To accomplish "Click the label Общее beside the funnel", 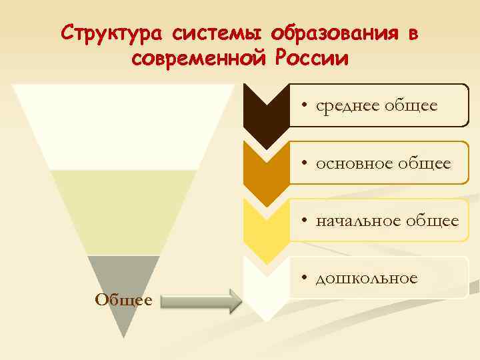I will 124,300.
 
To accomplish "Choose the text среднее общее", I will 377,105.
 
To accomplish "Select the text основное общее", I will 384,163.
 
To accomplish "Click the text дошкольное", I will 367,277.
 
